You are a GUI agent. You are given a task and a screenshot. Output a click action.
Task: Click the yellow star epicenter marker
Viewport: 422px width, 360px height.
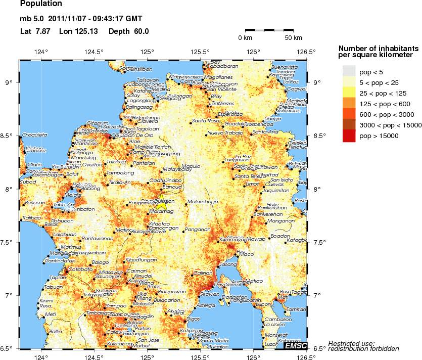click(x=161, y=203)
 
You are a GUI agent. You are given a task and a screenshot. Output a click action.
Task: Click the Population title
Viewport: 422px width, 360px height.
click(x=41, y=4)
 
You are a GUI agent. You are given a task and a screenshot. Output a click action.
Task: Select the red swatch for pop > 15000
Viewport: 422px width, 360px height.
click(x=349, y=136)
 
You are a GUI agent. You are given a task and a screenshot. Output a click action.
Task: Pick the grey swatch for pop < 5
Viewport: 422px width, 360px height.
click(x=349, y=72)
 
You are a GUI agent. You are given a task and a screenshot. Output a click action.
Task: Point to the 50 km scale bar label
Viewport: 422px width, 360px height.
click(x=293, y=38)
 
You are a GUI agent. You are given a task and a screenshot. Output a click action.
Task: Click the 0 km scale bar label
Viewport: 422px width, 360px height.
click(x=245, y=38)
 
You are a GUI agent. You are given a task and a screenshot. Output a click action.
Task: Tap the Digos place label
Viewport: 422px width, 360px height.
click(x=193, y=319)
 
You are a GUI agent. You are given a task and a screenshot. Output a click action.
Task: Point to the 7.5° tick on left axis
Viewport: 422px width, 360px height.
click(x=11, y=242)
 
